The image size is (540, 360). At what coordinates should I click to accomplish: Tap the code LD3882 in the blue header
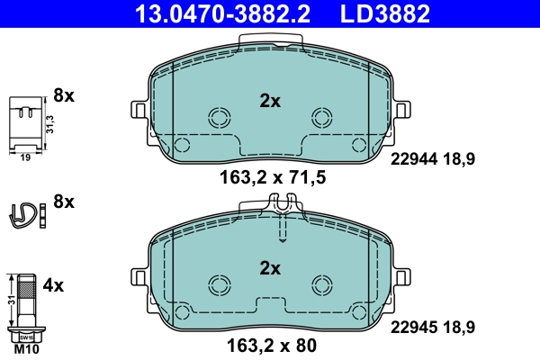[384, 13]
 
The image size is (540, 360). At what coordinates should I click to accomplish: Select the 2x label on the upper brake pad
[270, 102]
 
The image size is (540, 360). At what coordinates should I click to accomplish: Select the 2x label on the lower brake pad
[270, 268]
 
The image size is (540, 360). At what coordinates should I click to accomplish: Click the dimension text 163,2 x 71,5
[271, 178]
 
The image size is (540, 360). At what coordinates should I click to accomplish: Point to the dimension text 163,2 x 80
[271, 344]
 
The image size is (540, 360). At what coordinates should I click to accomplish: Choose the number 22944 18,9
[432, 158]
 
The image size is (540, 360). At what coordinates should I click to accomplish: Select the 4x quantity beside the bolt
[54, 286]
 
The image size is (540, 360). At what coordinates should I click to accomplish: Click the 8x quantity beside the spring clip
[64, 202]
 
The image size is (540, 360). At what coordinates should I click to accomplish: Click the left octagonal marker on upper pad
[218, 117]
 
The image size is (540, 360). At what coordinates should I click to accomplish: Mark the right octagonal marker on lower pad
[321, 284]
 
